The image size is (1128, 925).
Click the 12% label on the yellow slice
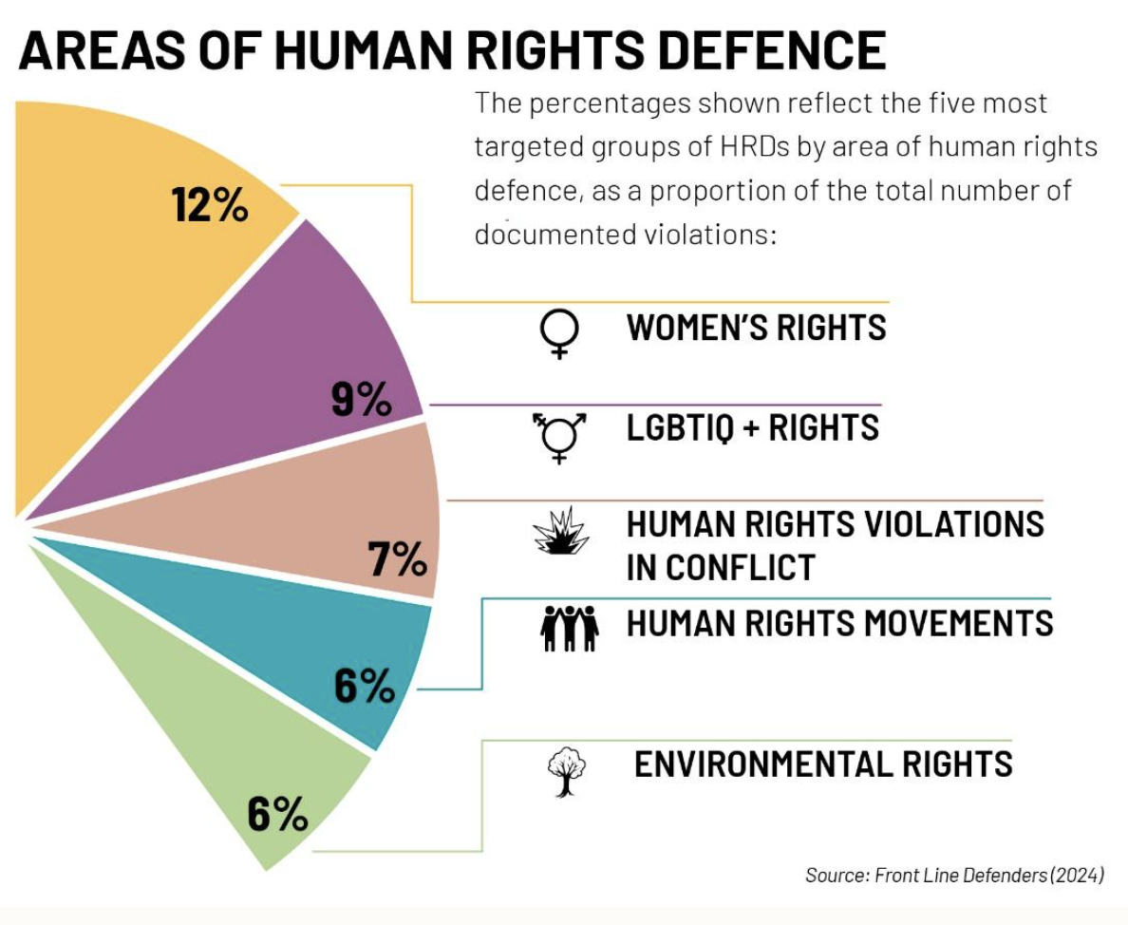(x=210, y=204)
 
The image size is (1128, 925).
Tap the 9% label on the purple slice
(x=361, y=400)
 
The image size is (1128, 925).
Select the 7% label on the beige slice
(x=397, y=559)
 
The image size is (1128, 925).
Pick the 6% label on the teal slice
(x=364, y=685)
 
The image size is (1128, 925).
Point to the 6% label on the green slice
(x=277, y=814)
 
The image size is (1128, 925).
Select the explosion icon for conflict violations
(x=562, y=531)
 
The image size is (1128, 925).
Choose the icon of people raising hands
(x=569, y=628)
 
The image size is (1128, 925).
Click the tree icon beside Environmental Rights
(x=567, y=770)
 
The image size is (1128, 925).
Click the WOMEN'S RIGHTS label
(x=756, y=328)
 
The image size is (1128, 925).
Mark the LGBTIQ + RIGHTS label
(x=752, y=427)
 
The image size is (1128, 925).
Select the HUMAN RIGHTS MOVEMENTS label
(x=839, y=623)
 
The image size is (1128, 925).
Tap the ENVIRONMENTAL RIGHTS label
(x=823, y=764)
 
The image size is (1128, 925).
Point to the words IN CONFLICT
(x=721, y=567)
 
